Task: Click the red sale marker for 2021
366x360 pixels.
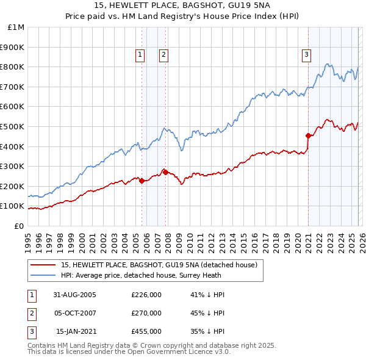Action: pyautogui.click(x=308, y=135)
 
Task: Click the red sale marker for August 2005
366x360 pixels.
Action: pyautogui.click(x=142, y=181)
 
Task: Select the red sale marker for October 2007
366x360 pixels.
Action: pyautogui.click(x=165, y=172)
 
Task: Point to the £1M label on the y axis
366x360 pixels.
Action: pyautogui.click(x=16, y=27)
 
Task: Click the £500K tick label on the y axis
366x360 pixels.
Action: pyautogui.click(x=13, y=126)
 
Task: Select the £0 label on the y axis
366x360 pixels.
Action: pyautogui.click(x=18, y=226)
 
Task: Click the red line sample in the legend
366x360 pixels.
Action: pyautogui.click(x=43, y=265)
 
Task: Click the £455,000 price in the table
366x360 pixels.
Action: pyautogui.click(x=146, y=331)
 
